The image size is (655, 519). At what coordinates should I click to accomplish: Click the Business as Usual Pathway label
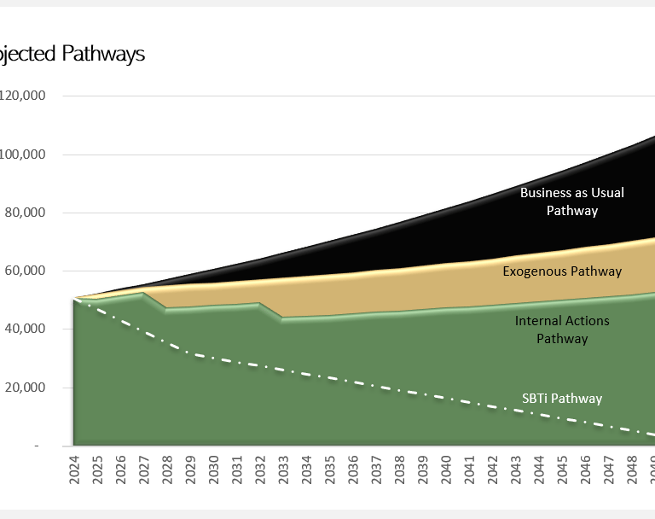click(571, 201)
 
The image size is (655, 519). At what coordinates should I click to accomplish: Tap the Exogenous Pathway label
click(562, 271)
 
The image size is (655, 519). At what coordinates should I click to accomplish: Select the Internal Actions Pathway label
click(562, 329)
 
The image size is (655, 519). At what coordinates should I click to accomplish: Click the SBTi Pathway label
click(562, 399)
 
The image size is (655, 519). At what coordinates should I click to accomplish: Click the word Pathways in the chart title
click(103, 54)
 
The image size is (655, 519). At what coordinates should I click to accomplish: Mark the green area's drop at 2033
click(281, 318)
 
